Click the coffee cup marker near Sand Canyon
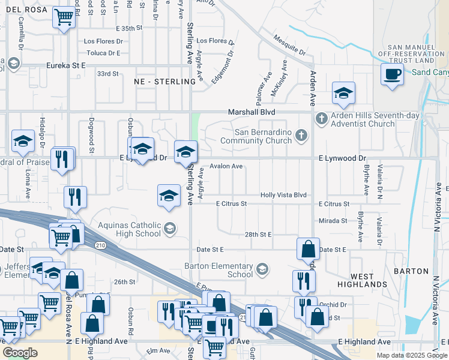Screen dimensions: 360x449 click(x=393, y=74)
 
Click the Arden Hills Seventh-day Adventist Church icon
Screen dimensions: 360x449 click(x=321, y=118)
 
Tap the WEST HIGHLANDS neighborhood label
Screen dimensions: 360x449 click(x=369, y=280)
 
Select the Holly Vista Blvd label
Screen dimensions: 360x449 click(x=283, y=195)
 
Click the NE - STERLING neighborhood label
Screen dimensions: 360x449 click(x=160, y=82)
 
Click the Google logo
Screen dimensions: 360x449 click(x=20, y=353)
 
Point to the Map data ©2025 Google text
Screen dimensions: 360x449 click(x=411, y=355)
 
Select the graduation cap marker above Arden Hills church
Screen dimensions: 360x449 click(x=343, y=93)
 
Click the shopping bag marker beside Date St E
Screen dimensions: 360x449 click(x=307, y=248)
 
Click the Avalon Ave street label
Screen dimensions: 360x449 click(x=226, y=166)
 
